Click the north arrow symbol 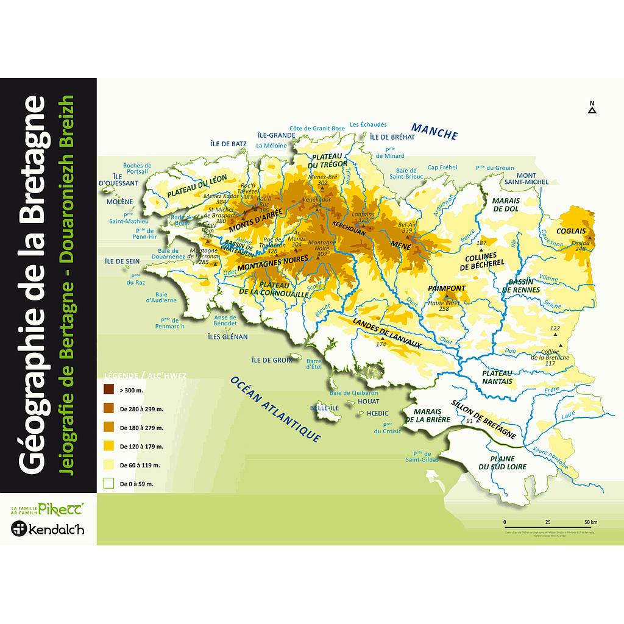(592, 108)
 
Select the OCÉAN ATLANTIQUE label (275, 408)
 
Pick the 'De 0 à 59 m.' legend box (108, 484)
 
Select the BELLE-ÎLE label (322, 408)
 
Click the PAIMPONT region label (447, 288)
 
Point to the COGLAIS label (570, 231)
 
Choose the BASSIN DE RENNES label (521, 286)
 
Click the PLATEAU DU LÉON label (197, 186)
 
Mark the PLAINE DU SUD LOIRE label (502, 463)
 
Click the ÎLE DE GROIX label (272, 360)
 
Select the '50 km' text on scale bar (590, 522)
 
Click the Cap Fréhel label (442, 168)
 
